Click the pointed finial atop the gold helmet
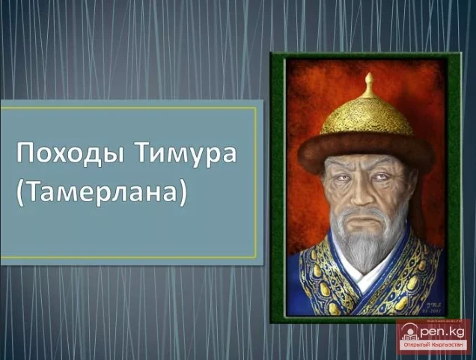(367, 85)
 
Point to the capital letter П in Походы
(26, 155)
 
